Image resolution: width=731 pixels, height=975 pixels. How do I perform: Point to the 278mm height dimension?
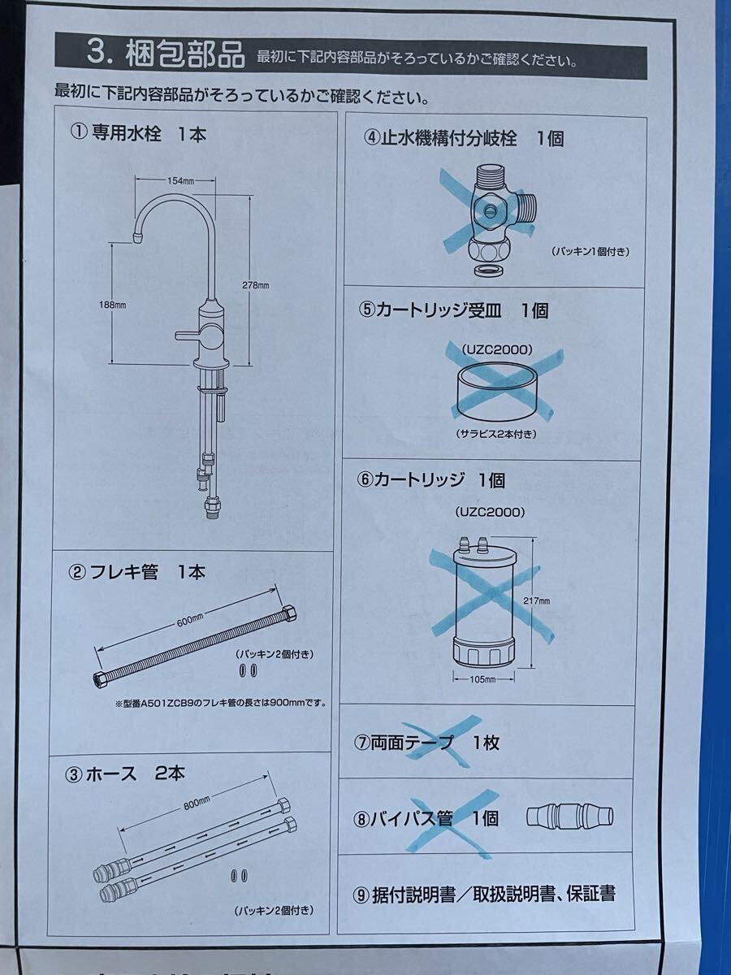click(x=257, y=286)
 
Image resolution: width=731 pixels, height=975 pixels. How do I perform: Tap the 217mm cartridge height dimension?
click(x=537, y=601)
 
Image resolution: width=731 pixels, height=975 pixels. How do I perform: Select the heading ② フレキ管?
click(x=136, y=572)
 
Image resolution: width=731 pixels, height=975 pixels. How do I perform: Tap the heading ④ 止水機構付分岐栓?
click(x=463, y=137)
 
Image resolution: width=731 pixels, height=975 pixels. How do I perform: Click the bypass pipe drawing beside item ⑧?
click(x=569, y=817)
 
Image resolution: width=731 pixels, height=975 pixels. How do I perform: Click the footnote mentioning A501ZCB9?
click(x=221, y=703)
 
